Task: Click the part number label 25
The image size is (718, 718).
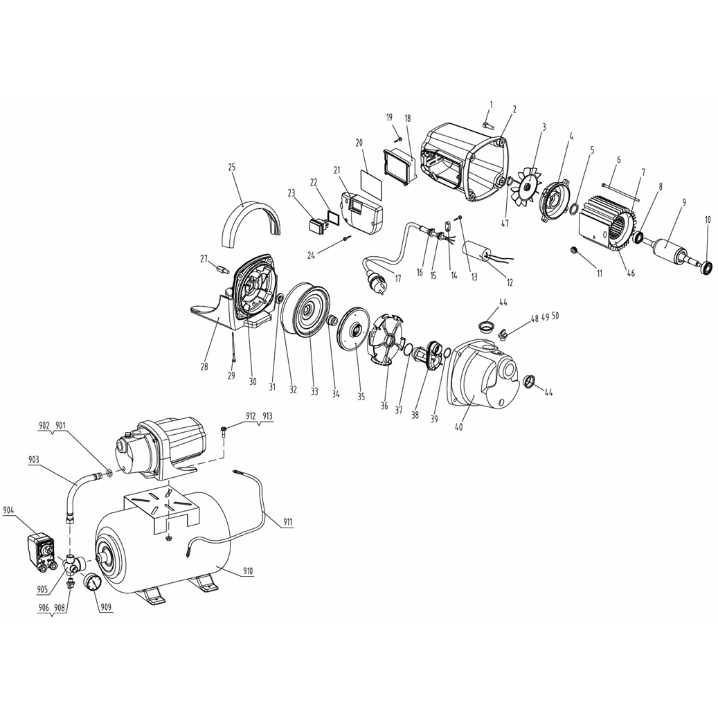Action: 232,168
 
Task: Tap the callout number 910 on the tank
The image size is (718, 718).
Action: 248,571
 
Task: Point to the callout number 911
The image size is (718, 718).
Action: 287,521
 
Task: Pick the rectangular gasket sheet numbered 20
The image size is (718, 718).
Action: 370,183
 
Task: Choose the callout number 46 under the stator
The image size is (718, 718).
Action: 631,273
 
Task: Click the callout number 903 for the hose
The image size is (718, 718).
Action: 33,459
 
